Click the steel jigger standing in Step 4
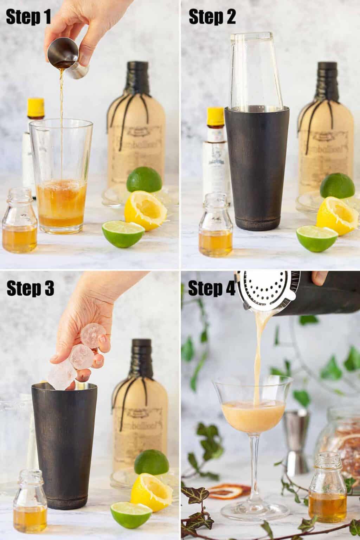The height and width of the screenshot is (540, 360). (297, 439)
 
